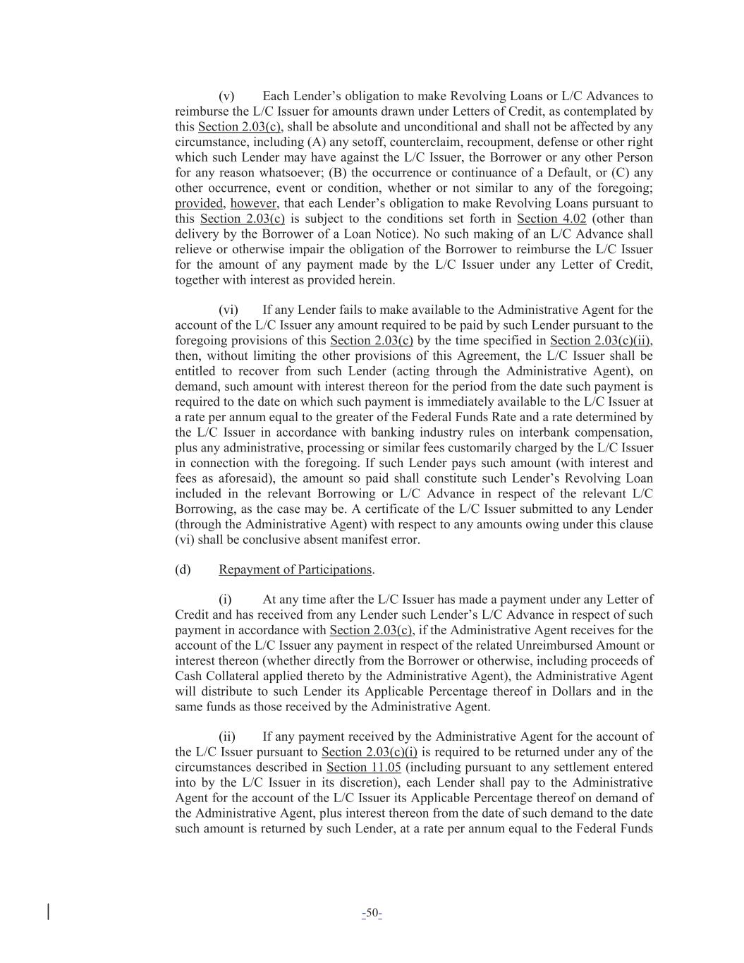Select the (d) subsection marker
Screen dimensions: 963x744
click(x=183, y=569)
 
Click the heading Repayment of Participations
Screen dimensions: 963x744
click(x=295, y=569)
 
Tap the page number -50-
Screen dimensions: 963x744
click(x=372, y=914)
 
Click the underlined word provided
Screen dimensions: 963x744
click(x=199, y=203)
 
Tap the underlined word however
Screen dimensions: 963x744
click(x=253, y=203)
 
